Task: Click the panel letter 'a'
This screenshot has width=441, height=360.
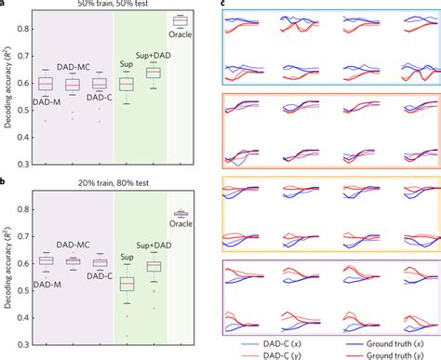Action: click(5, 4)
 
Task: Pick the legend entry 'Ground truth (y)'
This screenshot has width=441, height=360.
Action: click(383, 354)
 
